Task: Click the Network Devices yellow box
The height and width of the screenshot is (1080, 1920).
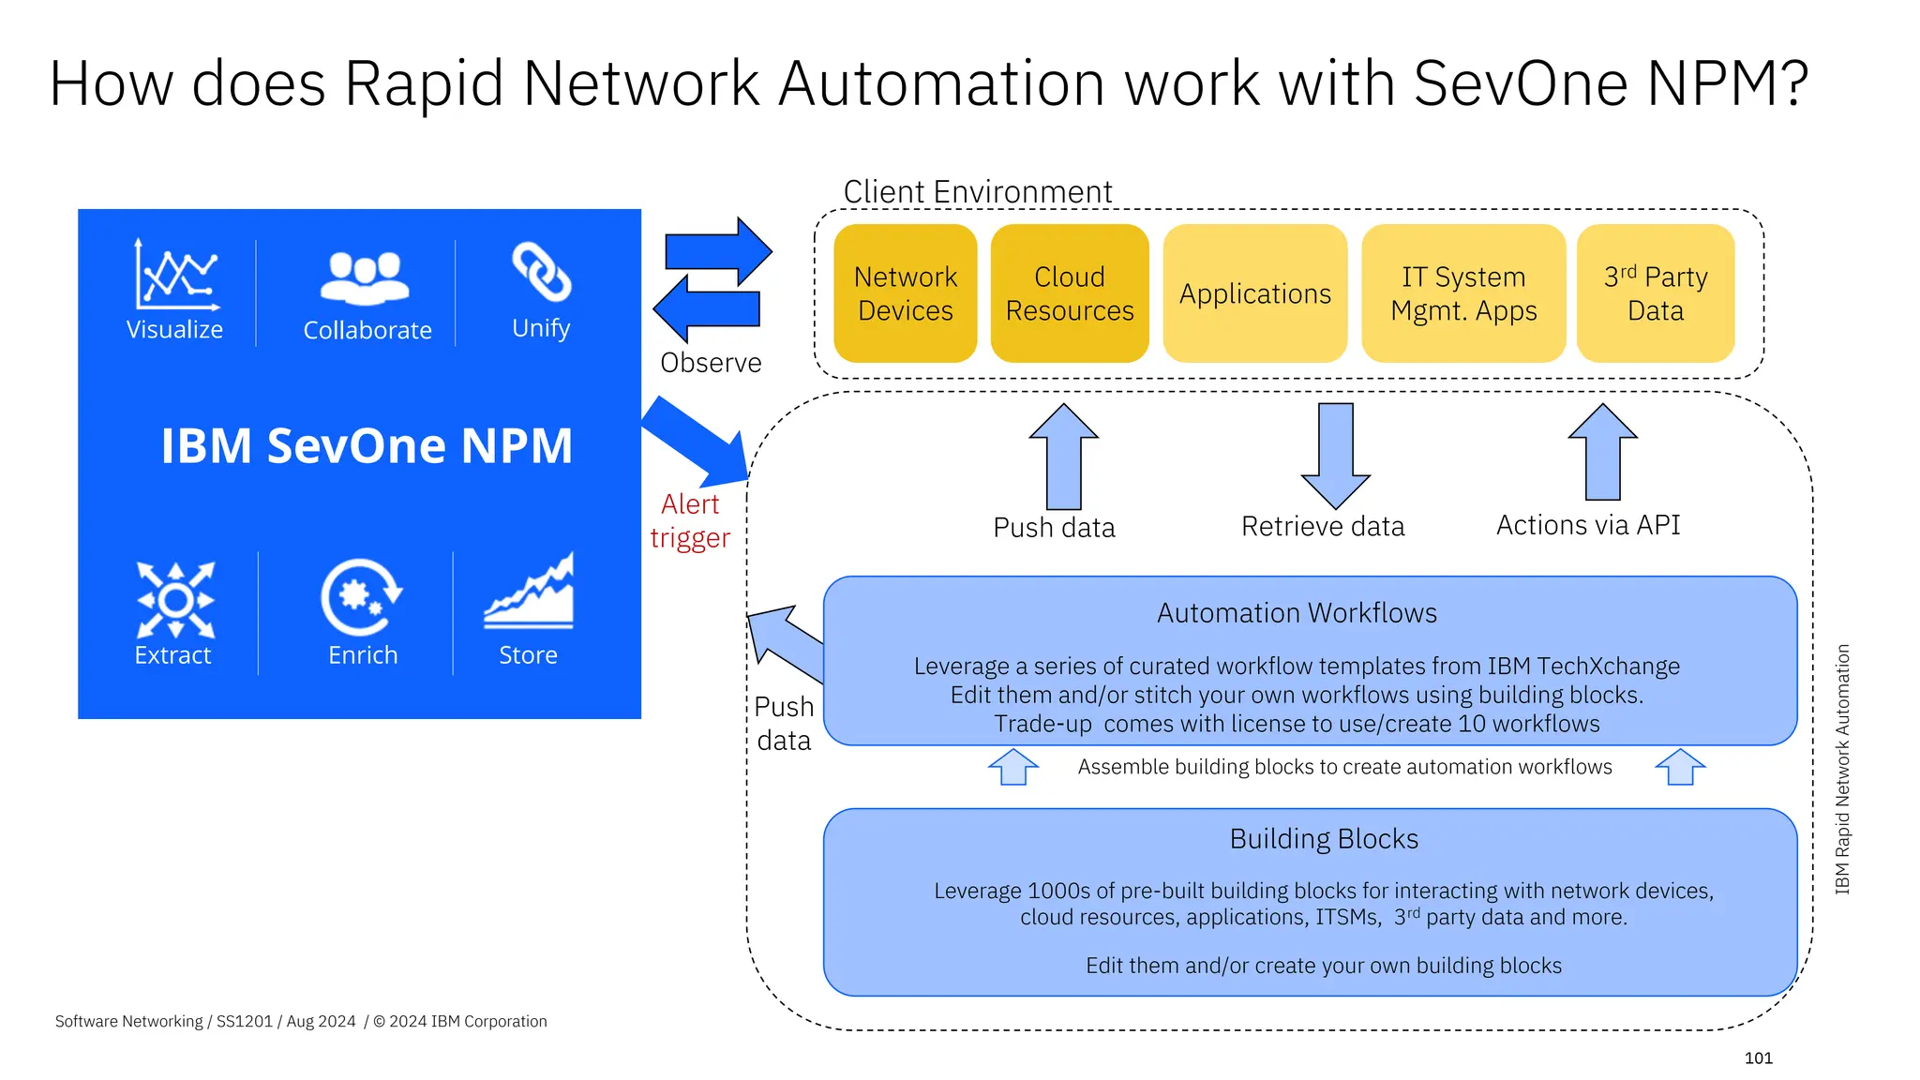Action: (x=905, y=293)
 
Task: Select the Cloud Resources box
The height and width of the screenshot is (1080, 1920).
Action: (x=1069, y=293)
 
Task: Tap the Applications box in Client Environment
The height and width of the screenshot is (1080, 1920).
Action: (x=1254, y=293)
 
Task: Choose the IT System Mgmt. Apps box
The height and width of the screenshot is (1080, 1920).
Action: (x=1462, y=293)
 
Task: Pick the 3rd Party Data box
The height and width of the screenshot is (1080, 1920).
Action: (x=1655, y=293)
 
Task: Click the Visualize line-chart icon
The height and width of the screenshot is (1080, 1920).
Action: (x=176, y=275)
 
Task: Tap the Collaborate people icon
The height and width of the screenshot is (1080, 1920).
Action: (x=365, y=277)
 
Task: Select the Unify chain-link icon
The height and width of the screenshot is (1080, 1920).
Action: (x=541, y=273)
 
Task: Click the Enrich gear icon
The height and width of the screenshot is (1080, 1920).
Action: (x=361, y=597)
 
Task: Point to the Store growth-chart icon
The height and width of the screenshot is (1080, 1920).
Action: (x=530, y=592)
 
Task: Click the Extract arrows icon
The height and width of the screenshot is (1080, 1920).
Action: (x=175, y=600)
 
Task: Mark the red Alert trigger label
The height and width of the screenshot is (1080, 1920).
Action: (x=690, y=521)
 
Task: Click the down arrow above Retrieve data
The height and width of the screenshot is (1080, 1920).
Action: (x=1335, y=456)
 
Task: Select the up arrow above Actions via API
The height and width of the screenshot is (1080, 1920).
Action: (x=1602, y=452)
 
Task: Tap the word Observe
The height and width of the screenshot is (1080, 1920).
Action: (x=711, y=363)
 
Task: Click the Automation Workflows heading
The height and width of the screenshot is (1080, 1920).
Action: (x=1297, y=613)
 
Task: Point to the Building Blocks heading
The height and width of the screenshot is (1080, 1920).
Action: (x=1324, y=838)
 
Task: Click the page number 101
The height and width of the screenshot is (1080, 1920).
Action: (x=1758, y=1057)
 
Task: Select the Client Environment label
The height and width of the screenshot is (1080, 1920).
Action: (x=977, y=192)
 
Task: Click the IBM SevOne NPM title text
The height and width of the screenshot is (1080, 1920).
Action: (x=367, y=445)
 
